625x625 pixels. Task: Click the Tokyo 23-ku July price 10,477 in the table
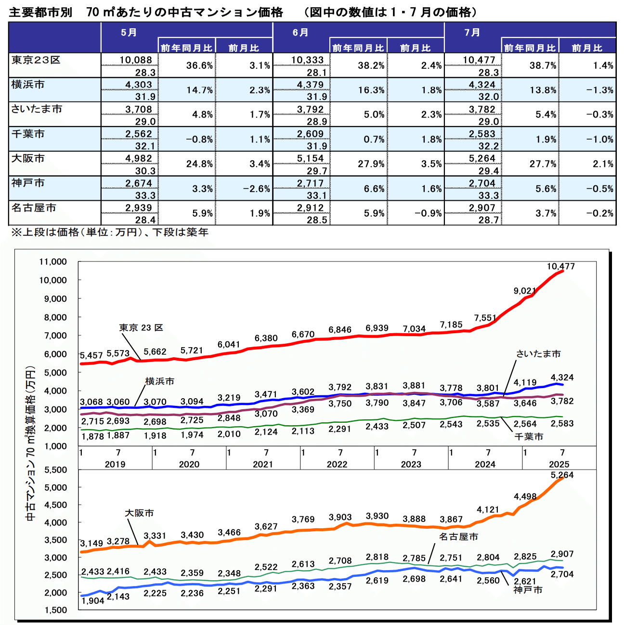click(x=479, y=60)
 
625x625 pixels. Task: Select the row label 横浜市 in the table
click(x=28, y=85)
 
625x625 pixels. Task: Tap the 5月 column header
click(x=129, y=33)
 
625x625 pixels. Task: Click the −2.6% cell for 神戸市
click(x=257, y=189)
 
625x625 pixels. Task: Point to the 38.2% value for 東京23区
click(x=371, y=65)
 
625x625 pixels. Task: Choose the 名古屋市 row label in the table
click(x=34, y=208)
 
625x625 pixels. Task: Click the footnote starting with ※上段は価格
click(x=110, y=232)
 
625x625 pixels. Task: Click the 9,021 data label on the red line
click(x=525, y=291)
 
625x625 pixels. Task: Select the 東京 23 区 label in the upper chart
click(x=141, y=328)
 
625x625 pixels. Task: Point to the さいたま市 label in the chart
click(x=538, y=354)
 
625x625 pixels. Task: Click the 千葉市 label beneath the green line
click(x=529, y=437)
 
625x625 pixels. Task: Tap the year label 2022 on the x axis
click(x=337, y=464)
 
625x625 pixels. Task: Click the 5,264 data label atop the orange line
click(x=562, y=475)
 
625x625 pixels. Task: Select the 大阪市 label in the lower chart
click(x=140, y=513)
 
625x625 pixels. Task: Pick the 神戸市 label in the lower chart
click(x=528, y=590)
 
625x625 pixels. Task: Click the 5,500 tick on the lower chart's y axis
click(x=56, y=470)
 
